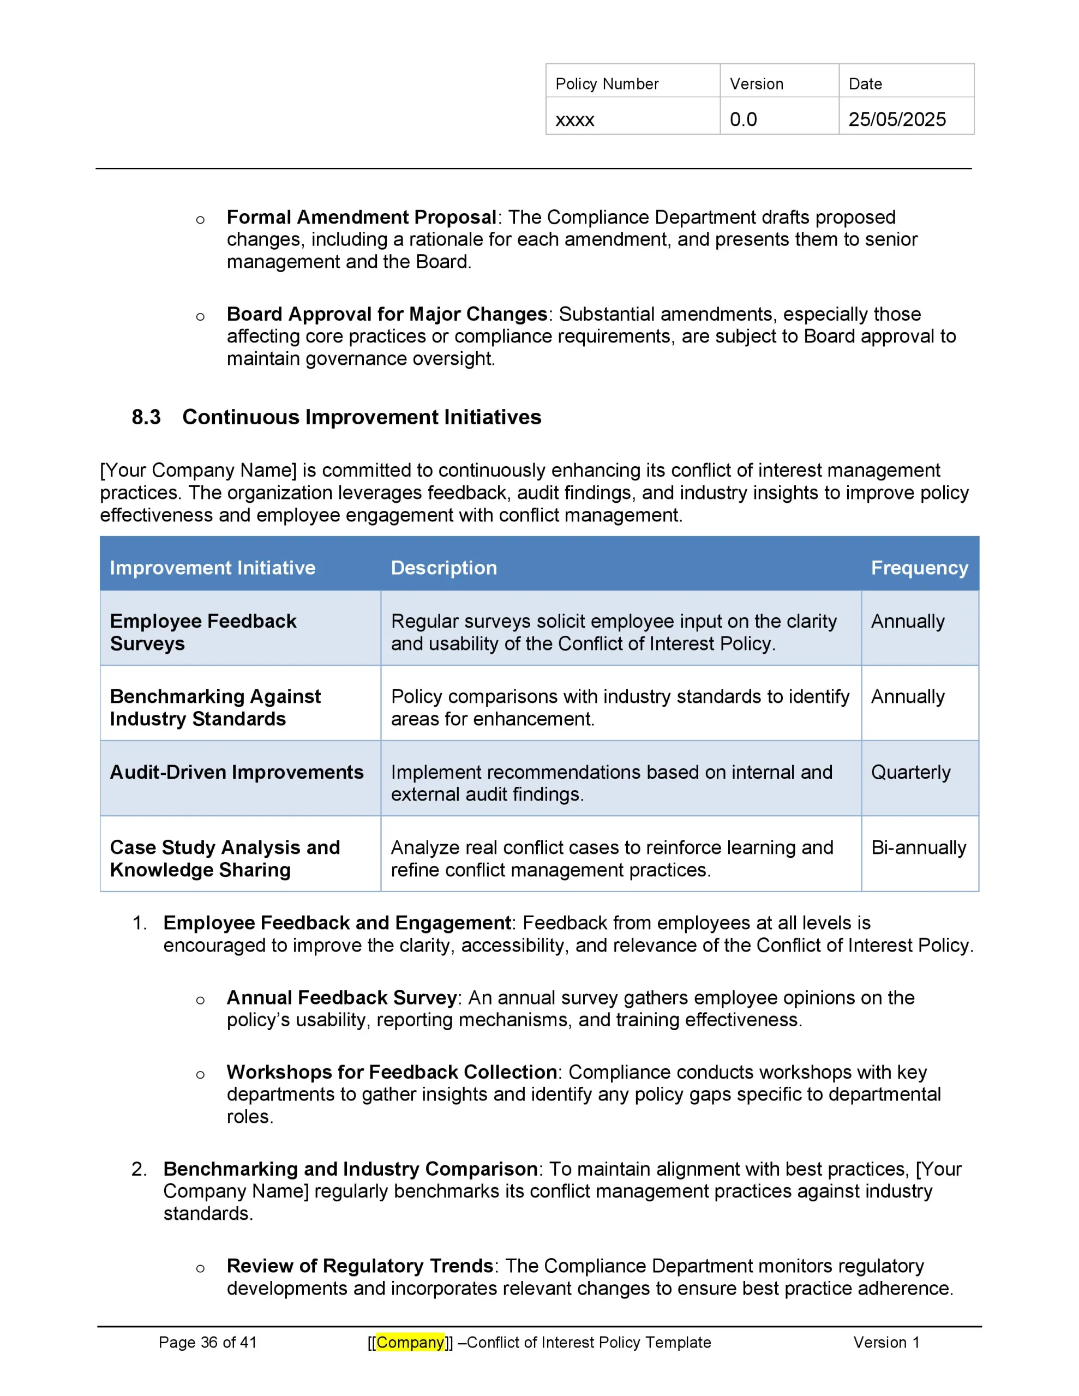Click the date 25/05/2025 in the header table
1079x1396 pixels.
(x=896, y=119)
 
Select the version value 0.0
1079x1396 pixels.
(x=742, y=119)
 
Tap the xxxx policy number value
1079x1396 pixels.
(x=574, y=120)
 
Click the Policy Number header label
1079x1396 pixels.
(x=607, y=84)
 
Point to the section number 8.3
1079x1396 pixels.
(x=146, y=417)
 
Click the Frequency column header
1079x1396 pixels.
(x=919, y=568)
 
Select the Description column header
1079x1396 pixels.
(x=443, y=568)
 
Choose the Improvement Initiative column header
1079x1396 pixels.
(x=212, y=568)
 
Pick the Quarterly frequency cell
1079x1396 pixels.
(x=910, y=772)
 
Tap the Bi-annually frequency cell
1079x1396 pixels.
(x=918, y=847)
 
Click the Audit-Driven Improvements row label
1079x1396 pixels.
(x=237, y=772)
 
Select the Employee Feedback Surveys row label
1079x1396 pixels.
(x=203, y=632)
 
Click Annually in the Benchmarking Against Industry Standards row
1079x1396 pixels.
(x=907, y=697)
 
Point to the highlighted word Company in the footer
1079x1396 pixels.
(x=410, y=1343)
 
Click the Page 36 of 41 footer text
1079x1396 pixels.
(x=207, y=1343)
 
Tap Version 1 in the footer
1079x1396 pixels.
(x=886, y=1343)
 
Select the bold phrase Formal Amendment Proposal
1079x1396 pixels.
(x=361, y=218)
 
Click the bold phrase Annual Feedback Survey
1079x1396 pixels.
(x=341, y=998)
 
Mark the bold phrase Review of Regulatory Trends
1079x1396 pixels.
(x=359, y=1266)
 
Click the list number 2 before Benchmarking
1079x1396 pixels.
(x=138, y=1169)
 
